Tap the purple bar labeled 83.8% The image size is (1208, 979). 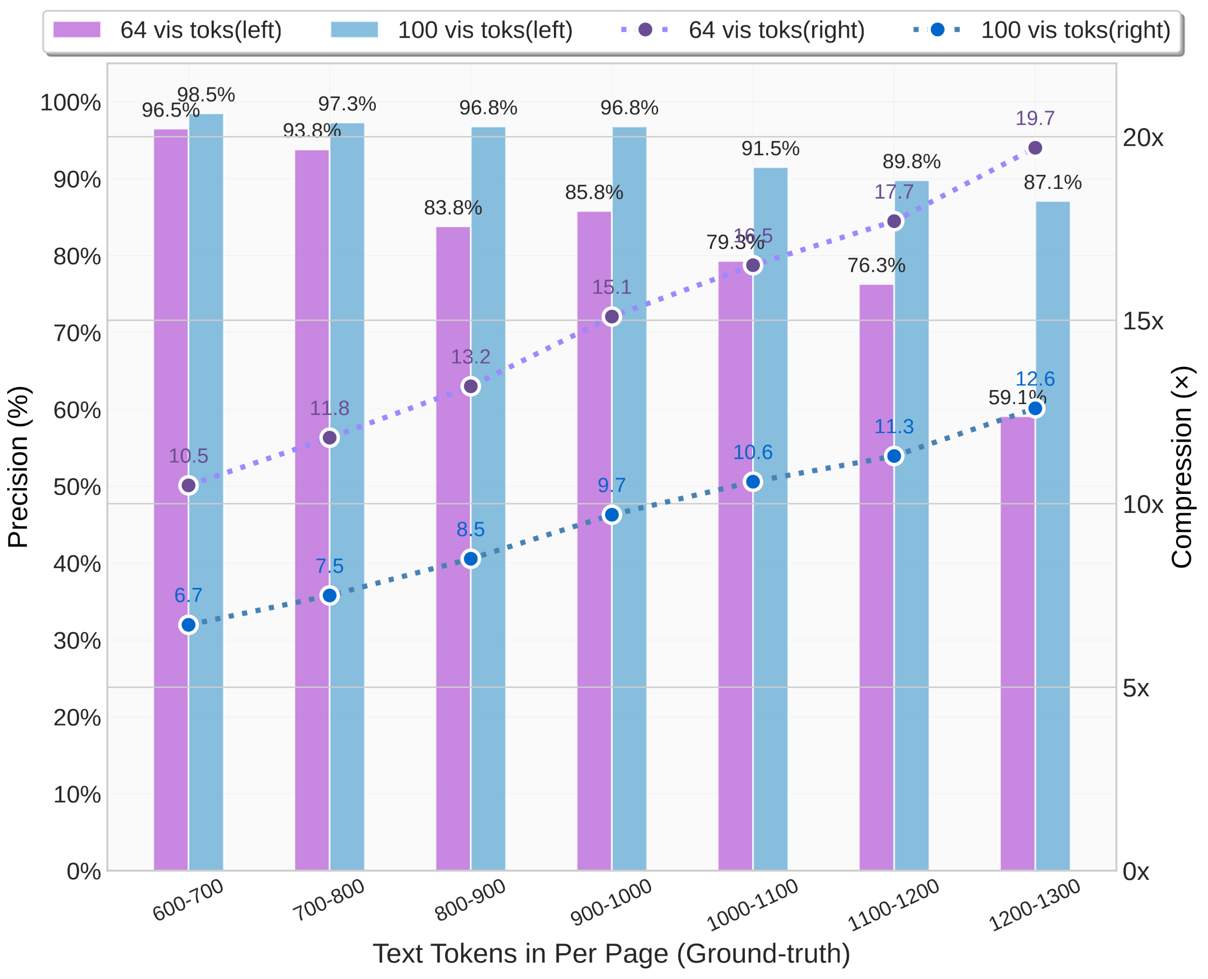[x=453, y=553]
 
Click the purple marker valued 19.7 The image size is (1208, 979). [x=1035, y=148]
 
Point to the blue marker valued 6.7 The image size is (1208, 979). [x=188, y=625]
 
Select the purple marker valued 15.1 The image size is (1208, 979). [x=611, y=317]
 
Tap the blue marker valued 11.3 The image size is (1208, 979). [x=894, y=456]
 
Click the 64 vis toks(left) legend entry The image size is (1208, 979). [x=167, y=30]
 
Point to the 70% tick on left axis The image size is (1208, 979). [x=77, y=333]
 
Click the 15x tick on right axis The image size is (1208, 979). [x=1142, y=321]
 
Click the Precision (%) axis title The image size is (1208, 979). [x=18, y=467]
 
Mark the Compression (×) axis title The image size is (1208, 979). [x=1181, y=467]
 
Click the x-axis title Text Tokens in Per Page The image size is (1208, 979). [x=611, y=953]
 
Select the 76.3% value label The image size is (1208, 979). [x=876, y=265]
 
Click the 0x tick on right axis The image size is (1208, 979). [x=1135, y=872]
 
